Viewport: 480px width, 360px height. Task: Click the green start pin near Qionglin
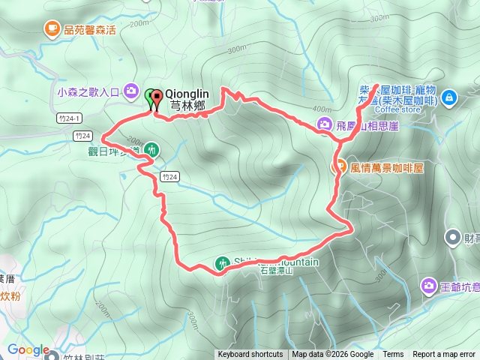coord(150,96)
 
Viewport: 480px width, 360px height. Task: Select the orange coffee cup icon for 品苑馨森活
coord(52,29)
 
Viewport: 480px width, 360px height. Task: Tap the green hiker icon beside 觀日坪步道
coord(152,149)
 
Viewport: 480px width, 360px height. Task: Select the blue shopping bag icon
coord(448,97)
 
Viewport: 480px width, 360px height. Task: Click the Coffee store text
coord(398,109)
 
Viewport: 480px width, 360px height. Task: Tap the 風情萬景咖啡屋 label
coord(387,168)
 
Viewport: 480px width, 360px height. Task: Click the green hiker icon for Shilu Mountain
coord(222,263)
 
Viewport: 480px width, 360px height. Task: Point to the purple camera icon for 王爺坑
coord(428,285)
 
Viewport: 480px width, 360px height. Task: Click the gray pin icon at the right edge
coord(452,239)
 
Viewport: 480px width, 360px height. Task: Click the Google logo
coord(28,350)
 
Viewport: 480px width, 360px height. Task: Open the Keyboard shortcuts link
coord(250,355)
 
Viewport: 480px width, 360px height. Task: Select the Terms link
coord(393,355)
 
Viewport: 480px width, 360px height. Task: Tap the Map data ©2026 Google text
coord(333,355)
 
